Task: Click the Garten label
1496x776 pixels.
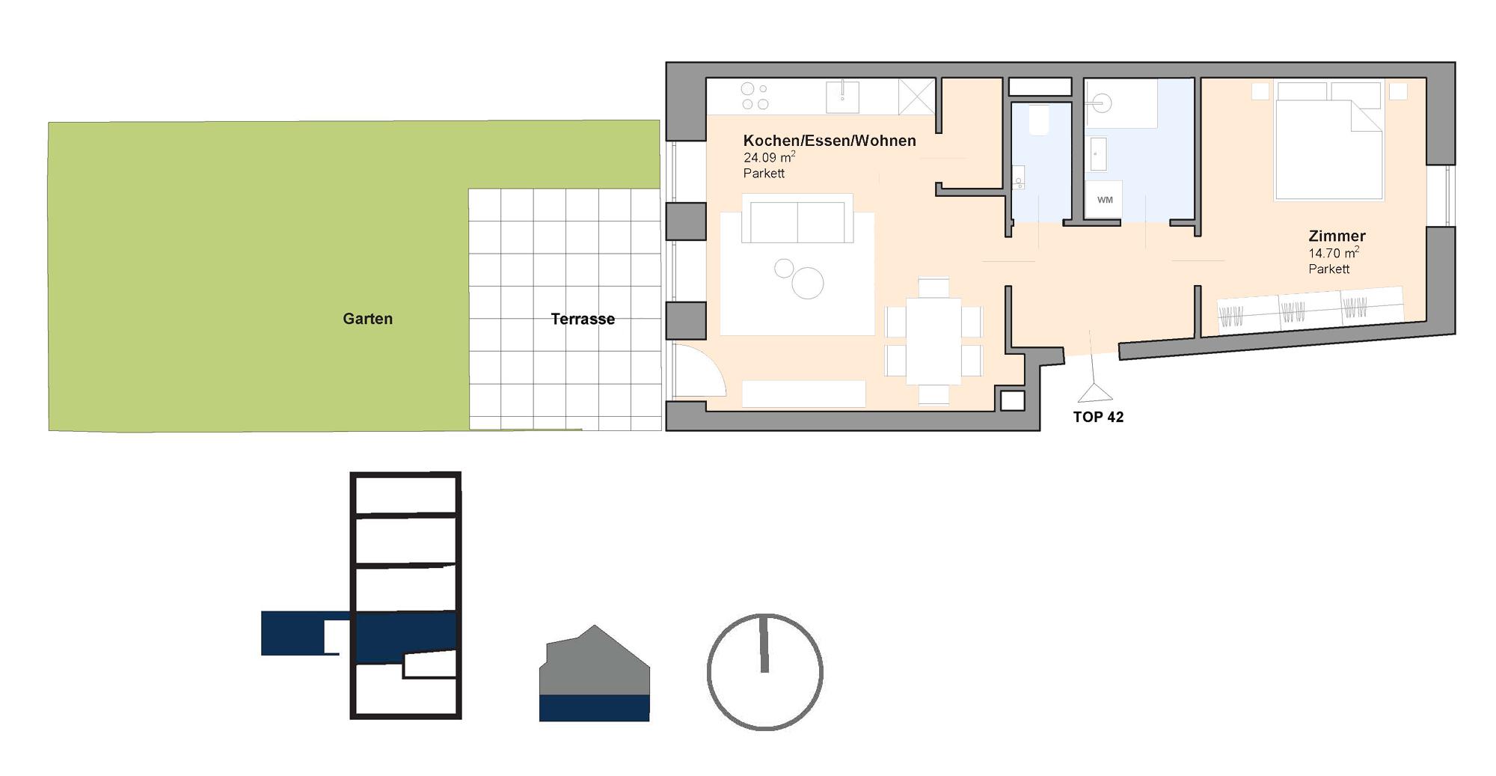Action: [x=367, y=319]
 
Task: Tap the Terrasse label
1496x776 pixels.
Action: [x=583, y=319]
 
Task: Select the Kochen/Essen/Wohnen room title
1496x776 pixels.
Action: [x=830, y=141]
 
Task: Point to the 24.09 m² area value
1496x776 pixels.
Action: [x=769, y=157]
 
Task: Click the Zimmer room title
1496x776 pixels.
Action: [x=1337, y=236]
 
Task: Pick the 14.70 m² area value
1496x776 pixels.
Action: [x=1334, y=253]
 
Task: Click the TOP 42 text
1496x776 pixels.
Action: [x=1098, y=418]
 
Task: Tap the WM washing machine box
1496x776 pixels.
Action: [x=1104, y=200]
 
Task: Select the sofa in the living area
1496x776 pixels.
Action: [x=797, y=219]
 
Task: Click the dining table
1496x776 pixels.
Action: [x=933, y=340]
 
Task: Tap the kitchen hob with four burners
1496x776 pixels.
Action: [x=755, y=97]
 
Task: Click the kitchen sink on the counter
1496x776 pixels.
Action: [x=842, y=97]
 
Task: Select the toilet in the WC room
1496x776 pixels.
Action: [x=1039, y=120]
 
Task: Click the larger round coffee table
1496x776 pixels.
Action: [x=808, y=284]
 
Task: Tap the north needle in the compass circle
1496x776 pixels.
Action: [x=764, y=644]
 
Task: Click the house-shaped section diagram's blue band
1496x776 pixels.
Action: [x=594, y=708]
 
